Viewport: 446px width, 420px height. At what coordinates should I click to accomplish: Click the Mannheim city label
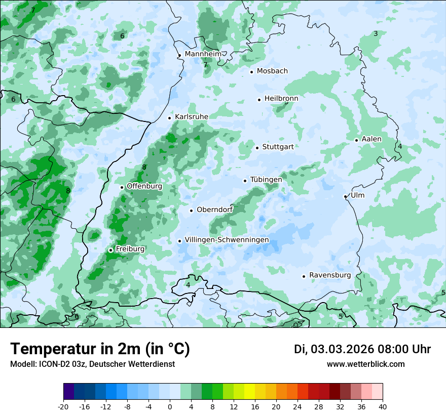pyautogui.click(x=203, y=54)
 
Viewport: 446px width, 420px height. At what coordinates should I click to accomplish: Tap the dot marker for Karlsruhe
pyautogui.click(x=170, y=118)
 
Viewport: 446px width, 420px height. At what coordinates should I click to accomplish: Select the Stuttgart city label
pyautogui.click(x=278, y=147)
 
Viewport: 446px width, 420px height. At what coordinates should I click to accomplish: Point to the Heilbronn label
pyautogui.click(x=281, y=98)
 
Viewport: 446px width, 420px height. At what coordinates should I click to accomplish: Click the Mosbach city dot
pyautogui.click(x=251, y=72)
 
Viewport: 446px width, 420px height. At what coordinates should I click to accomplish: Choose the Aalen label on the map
pyautogui.click(x=371, y=139)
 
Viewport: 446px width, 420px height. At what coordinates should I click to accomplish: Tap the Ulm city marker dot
pyautogui.click(x=345, y=196)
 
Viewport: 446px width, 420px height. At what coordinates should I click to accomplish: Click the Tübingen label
pyautogui.click(x=266, y=180)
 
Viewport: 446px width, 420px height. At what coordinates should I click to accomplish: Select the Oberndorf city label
pyautogui.click(x=214, y=209)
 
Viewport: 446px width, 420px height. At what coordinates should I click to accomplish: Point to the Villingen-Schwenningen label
pyautogui.click(x=227, y=240)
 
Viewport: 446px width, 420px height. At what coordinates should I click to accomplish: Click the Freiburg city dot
pyautogui.click(x=110, y=250)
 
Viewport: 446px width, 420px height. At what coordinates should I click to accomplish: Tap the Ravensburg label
pyautogui.click(x=330, y=275)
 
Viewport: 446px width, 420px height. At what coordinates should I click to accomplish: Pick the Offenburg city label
pyautogui.click(x=144, y=186)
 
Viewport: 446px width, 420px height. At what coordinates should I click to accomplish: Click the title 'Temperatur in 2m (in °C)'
pyautogui.click(x=100, y=349)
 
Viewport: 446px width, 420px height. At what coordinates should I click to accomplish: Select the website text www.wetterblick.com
pyautogui.click(x=365, y=364)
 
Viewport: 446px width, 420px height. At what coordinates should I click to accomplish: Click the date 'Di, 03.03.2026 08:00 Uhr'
pyautogui.click(x=362, y=349)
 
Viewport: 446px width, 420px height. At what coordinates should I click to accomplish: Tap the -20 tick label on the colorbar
pyautogui.click(x=63, y=407)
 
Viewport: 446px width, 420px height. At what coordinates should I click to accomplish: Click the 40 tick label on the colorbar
pyautogui.click(x=383, y=407)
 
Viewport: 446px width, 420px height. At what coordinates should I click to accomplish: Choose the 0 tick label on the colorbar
pyautogui.click(x=170, y=407)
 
